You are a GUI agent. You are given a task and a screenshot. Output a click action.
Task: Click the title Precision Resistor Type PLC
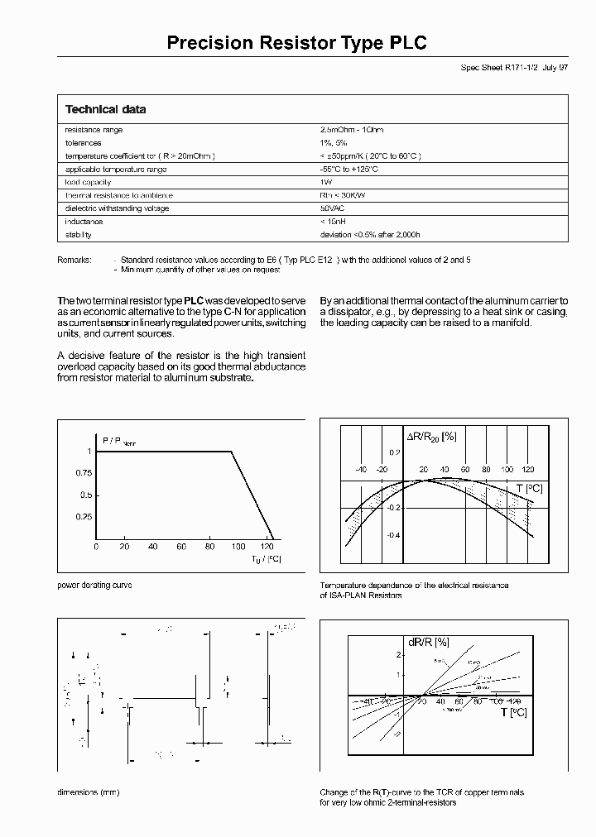click(x=297, y=43)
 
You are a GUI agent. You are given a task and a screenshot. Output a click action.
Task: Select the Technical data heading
click(x=105, y=110)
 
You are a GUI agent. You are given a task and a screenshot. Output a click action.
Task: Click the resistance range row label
click(x=94, y=130)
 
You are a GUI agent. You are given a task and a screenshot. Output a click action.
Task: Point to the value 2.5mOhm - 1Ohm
click(x=352, y=130)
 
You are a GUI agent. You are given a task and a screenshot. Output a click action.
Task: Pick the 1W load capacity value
click(x=326, y=182)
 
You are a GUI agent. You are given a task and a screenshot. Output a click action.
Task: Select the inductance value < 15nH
click(x=334, y=222)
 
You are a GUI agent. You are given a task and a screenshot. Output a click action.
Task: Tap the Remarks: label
click(x=74, y=260)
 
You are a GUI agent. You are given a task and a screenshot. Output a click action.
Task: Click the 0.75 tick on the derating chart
click(x=83, y=473)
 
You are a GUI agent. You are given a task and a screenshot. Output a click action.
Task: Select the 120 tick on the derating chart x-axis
click(x=267, y=547)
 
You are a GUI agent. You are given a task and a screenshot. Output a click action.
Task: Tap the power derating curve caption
click(x=94, y=585)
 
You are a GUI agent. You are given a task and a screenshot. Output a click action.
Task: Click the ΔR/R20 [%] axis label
click(x=430, y=436)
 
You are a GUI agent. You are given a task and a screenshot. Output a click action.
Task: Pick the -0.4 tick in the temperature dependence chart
click(x=392, y=535)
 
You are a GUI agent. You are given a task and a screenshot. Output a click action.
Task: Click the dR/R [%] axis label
click(x=428, y=641)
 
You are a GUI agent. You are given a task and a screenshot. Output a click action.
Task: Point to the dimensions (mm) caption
click(x=88, y=792)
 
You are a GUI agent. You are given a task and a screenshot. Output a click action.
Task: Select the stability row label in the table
click(x=79, y=235)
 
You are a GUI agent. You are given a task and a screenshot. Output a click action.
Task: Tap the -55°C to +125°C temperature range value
click(x=348, y=169)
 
